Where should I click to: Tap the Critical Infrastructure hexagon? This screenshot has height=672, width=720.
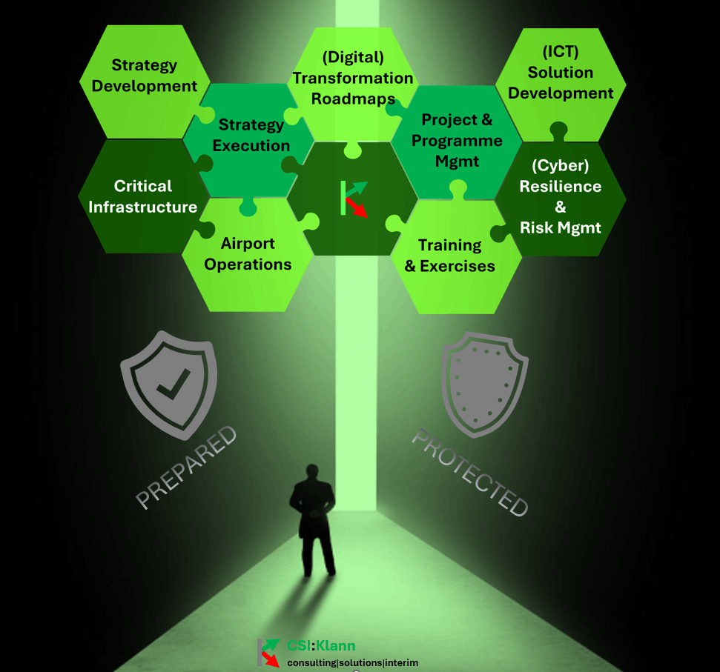143,196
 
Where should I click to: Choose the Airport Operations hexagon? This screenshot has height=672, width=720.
248,254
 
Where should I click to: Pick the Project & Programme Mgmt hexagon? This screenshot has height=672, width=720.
457,140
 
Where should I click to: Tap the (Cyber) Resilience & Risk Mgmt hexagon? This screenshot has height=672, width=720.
561,197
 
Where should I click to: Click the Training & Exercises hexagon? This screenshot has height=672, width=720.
450,255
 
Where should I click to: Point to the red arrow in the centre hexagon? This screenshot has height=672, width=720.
358,208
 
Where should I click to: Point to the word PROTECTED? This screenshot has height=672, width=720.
470,472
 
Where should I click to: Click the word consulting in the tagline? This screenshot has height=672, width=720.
311,662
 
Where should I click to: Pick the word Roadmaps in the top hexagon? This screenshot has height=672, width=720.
352,99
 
